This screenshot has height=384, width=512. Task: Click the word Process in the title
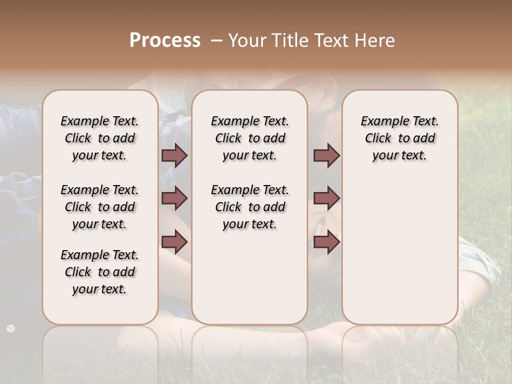pyautogui.click(x=165, y=41)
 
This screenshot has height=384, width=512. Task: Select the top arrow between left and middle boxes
pyautogui.click(x=174, y=155)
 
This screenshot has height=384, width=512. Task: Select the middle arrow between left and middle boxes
pyautogui.click(x=174, y=199)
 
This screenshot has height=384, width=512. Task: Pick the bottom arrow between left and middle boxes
pyautogui.click(x=174, y=242)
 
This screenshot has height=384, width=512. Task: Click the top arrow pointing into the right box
pyautogui.click(x=326, y=155)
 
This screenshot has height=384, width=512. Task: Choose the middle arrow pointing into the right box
pyautogui.click(x=326, y=199)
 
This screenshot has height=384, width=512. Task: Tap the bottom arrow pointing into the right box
pyautogui.click(x=326, y=242)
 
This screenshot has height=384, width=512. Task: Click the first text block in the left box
pyautogui.click(x=100, y=138)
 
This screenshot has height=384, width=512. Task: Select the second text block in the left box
pyautogui.click(x=100, y=207)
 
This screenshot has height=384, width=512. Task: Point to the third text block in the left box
pyautogui.click(x=100, y=272)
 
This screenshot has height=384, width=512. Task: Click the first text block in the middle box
pyautogui.click(x=250, y=138)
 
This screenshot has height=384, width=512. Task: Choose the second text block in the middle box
pyautogui.click(x=250, y=207)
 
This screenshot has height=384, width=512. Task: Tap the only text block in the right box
pyautogui.click(x=399, y=138)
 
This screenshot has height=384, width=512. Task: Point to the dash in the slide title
pyautogui.click(x=217, y=41)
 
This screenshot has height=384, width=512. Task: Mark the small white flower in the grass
pyautogui.click(x=11, y=328)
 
